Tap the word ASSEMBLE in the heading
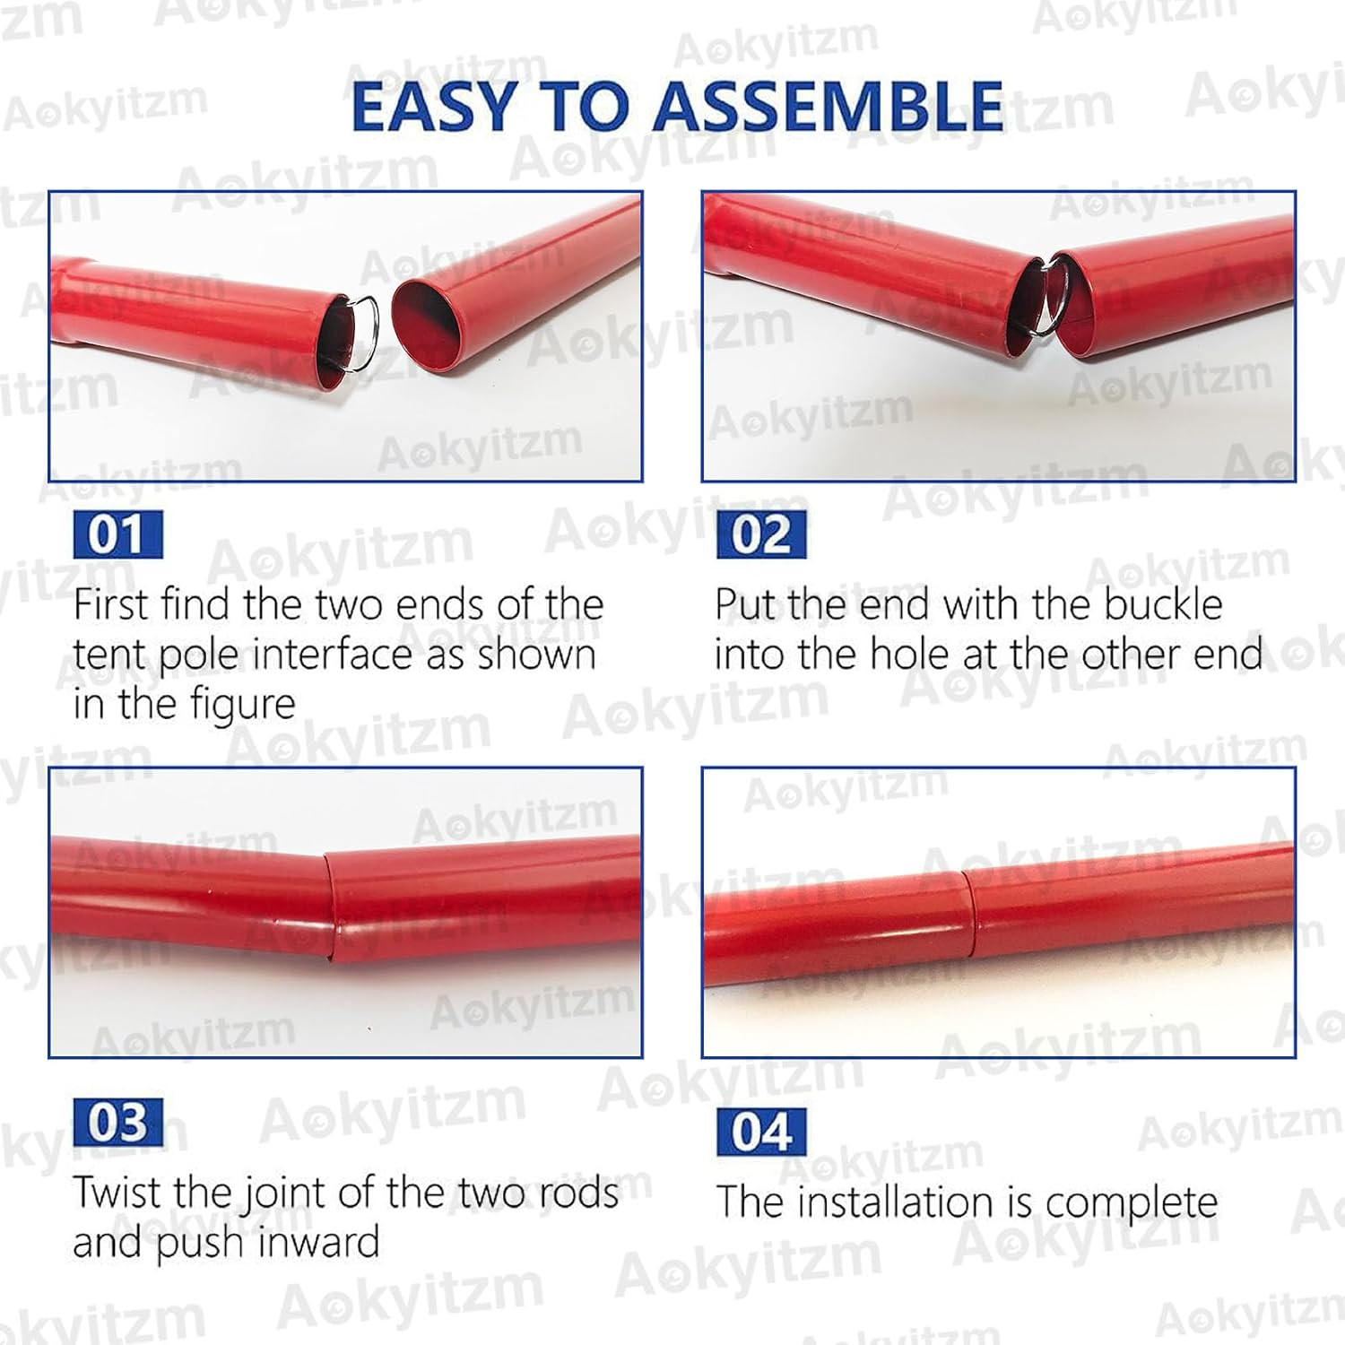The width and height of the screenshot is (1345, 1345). pos(829,106)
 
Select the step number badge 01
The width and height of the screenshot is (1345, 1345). pos(117,535)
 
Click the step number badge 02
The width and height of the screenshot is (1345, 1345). pos(761,535)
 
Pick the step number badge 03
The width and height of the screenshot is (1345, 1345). pos(117,1123)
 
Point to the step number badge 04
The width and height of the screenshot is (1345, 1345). pos(761,1132)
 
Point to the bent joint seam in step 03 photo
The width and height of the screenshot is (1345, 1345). pos(328,906)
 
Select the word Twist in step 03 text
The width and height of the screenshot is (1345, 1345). pos(118,1193)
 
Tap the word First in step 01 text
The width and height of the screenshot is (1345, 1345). pos(108,604)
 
